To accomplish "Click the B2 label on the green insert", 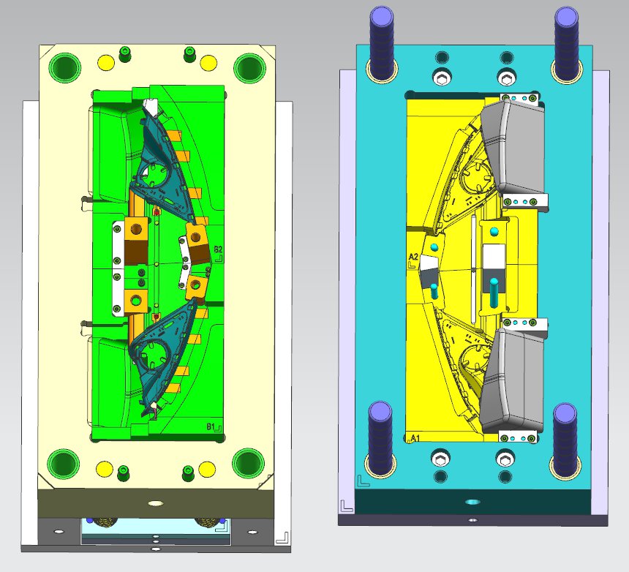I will (217, 251).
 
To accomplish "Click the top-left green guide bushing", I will (64, 67).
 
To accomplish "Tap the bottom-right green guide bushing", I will (248, 462).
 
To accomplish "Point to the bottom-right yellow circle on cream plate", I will (207, 468).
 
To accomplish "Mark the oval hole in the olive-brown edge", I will (155, 503).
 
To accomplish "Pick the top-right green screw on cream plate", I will (189, 52).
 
